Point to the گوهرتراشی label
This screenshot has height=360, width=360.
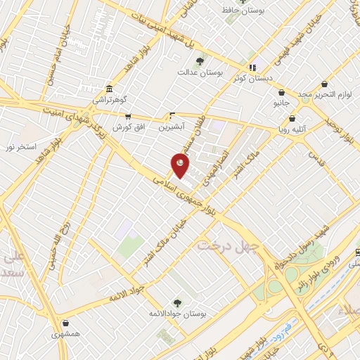107,101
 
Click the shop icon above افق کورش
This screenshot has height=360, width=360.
128,117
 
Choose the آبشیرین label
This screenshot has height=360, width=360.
171,127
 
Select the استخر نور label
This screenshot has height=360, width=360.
21,148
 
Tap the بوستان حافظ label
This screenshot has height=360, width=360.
241,11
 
